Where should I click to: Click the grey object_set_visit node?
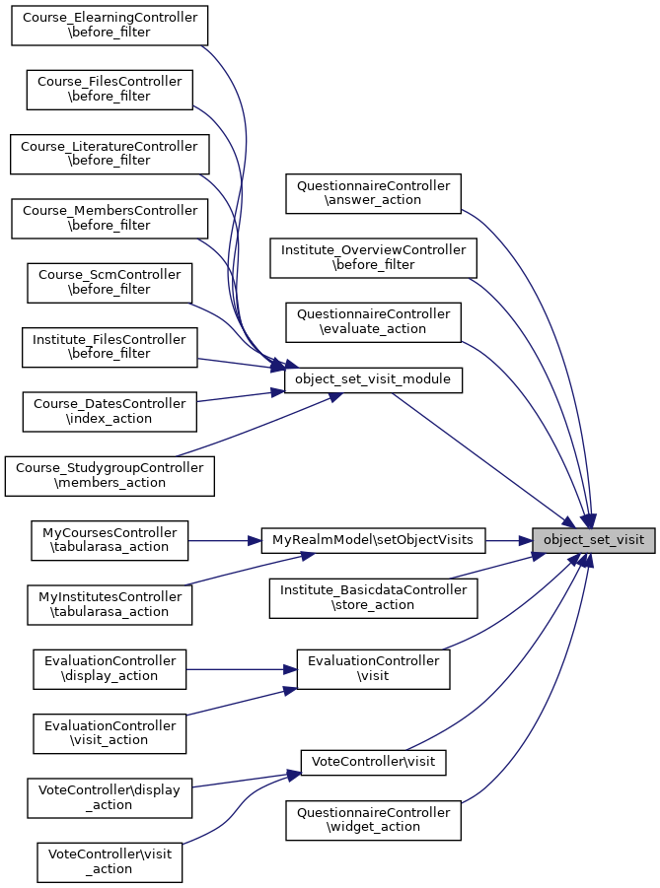pos(594,540)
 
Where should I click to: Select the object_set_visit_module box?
pos(373,379)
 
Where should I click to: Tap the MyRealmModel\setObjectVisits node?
pos(373,540)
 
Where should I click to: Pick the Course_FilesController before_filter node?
pos(109,89)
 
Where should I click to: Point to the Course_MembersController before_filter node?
pos(109,218)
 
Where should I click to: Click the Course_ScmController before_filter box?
pos(109,282)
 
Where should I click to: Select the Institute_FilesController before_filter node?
pos(109,346)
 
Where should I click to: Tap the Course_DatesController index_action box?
pos(109,411)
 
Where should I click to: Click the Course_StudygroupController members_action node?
pos(109,475)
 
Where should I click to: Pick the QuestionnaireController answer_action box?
pos(373,192)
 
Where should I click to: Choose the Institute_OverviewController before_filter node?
pos(373,257)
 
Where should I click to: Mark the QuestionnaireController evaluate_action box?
pos(373,321)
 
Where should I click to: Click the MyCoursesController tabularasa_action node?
pos(109,540)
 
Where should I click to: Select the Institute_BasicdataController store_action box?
pos(373,597)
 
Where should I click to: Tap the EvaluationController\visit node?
pos(373,668)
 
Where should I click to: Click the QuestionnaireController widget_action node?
pos(373,820)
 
